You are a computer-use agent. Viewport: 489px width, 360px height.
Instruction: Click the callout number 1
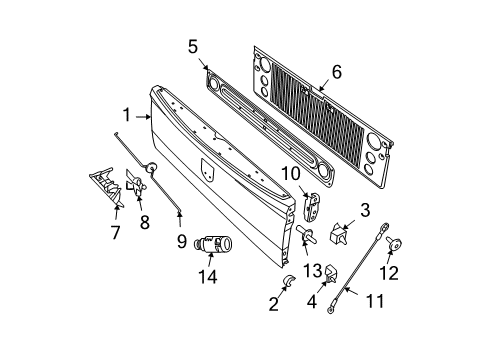tap(127, 115)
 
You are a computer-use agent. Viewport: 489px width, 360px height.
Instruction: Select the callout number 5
tap(193, 46)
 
